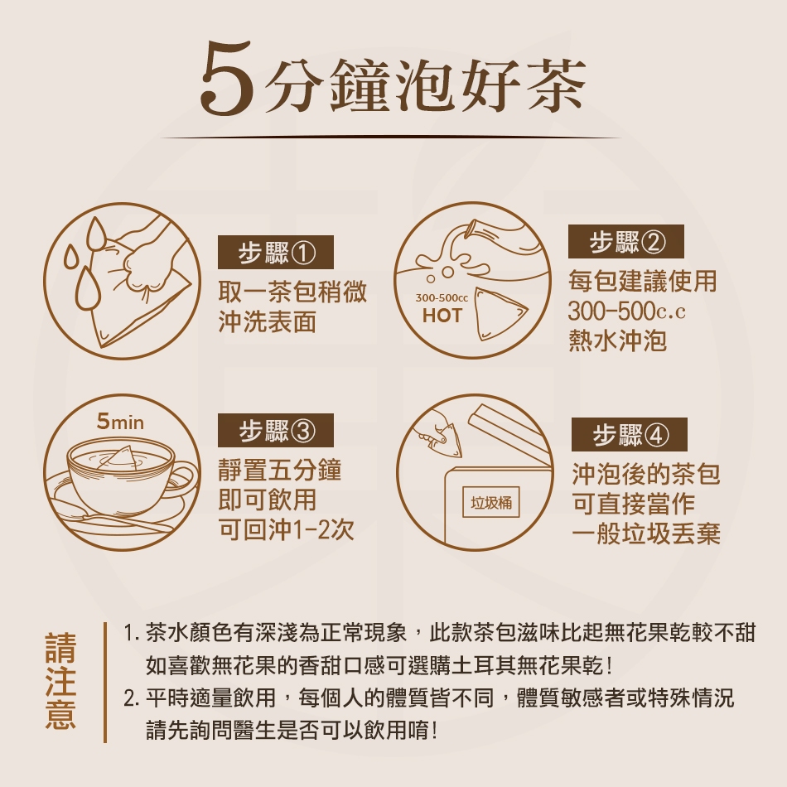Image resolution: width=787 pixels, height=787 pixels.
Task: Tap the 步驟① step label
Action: pyautogui.click(x=276, y=252)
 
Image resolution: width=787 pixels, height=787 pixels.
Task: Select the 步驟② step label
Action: pyautogui.click(x=626, y=241)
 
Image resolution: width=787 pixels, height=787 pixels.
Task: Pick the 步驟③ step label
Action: pyautogui.click(x=276, y=430)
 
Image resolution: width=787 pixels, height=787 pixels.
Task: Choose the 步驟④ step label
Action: pyautogui.click(x=630, y=435)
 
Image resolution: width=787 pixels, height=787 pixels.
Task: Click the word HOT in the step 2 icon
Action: pyautogui.click(x=442, y=316)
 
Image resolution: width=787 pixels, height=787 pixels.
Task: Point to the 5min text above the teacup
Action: pyautogui.click(x=120, y=422)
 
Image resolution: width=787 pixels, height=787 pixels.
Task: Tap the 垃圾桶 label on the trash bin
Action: pyautogui.click(x=491, y=502)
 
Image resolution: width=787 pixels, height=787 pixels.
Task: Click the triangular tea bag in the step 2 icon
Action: pyautogui.click(x=499, y=313)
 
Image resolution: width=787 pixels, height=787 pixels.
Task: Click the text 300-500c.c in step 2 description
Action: pyautogui.click(x=626, y=311)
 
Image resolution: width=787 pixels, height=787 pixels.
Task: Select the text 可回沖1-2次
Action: pyautogui.click(x=287, y=529)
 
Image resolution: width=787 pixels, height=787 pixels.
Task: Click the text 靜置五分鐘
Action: pyautogui.click(x=280, y=471)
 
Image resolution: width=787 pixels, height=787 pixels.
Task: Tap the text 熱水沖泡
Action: pyautogui.click(x=617, y=340)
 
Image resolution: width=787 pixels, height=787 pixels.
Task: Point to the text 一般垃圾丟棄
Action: pyautogui.click(x=646, y=534)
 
